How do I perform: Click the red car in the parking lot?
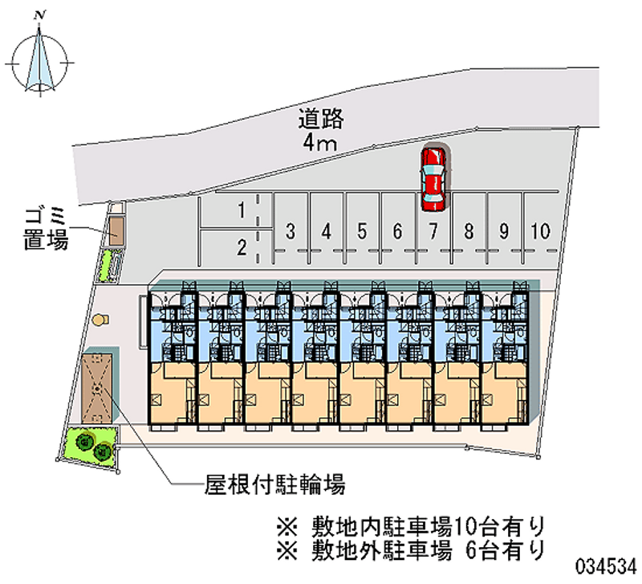tap(433, 178)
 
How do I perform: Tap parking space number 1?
tap(240, 211)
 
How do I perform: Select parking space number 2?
tap(240, 247)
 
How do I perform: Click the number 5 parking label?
tap(362, 231)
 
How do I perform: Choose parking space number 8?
tap(468, 231)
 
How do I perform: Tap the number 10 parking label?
tap(539, 231)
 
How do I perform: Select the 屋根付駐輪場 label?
tap(274, 484)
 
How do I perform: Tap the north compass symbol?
tap(41, 60)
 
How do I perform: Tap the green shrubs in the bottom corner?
tap(92, 445)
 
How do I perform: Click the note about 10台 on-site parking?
tap(411, 527)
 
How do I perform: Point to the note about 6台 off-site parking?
tap(411, 550)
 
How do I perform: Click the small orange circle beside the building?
tap(99, 320)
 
